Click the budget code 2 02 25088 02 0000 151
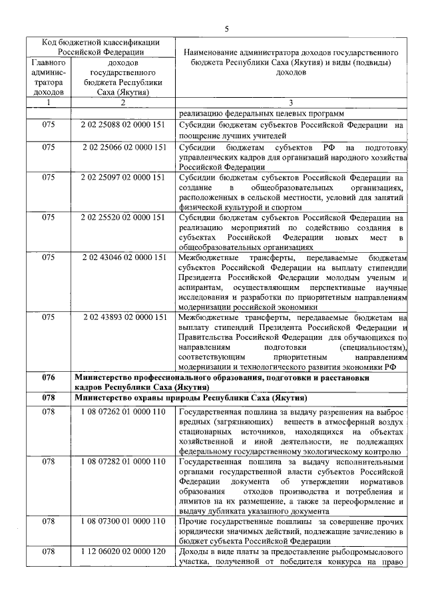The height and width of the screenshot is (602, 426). click(123, 124)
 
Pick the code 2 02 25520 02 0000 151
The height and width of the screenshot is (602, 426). click(123, 218)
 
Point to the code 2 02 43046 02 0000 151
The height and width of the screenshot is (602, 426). click(124, 257)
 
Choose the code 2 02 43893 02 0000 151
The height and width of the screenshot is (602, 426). click(124, 317)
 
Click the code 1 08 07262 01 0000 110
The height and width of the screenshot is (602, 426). click(123, 412)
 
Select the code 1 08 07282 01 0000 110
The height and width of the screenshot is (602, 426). click(123, 462)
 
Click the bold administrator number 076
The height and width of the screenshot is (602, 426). click(48, 377)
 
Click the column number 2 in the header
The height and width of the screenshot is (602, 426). click(123, 103)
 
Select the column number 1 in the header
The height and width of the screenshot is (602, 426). click(48, 103)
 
